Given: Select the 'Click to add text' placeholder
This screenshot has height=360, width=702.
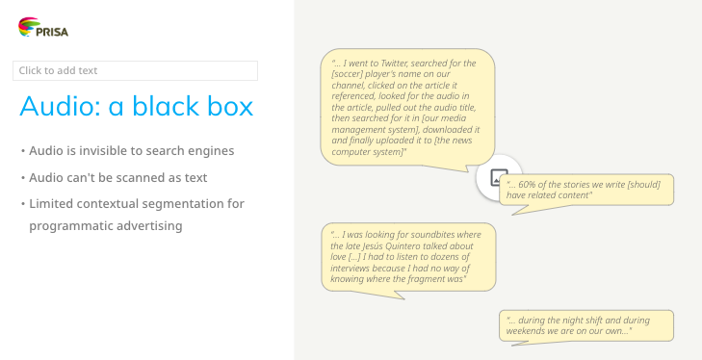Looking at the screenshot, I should (135, 70).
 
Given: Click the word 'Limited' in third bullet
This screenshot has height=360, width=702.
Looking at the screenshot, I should (51, 203).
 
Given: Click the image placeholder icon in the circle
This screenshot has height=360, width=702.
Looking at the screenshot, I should (499, 177).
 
